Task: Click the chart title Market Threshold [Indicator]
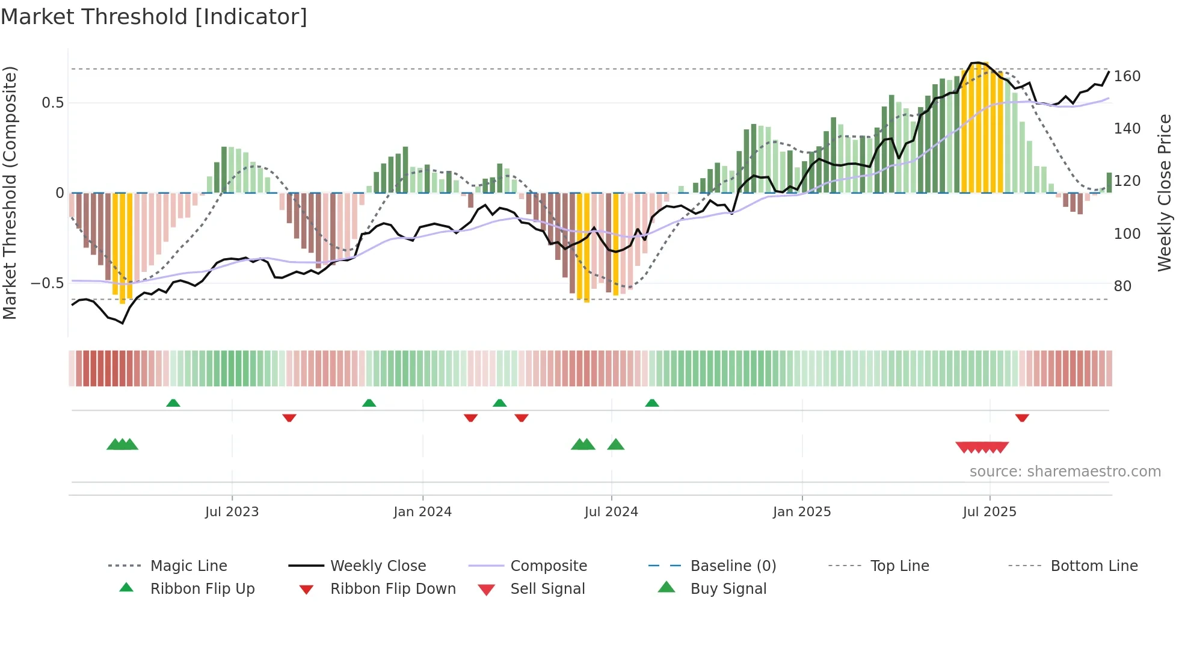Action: (x=154, y=17)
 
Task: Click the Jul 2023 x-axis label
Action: (x=232, y=512)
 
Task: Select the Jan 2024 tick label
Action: (x=422, y=512)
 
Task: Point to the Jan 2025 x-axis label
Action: (x=802, y=512)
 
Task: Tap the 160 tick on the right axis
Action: (x=1127, y=76)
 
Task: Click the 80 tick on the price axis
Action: (x=1122, y=286)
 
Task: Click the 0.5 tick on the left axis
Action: (x=52, y=103)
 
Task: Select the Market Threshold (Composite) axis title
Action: (x=10, y=193)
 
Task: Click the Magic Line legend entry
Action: (x=188, y=566)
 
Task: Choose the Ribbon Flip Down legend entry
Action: (x=392, y=589)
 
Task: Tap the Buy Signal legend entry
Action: (x=728, y=589)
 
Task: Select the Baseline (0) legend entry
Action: (x=733, y=566)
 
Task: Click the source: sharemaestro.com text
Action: (x=1065, y=472)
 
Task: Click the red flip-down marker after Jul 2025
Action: (x=1022, y=418)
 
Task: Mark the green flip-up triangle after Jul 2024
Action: (x=652, y=403)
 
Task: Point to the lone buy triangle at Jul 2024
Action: (x=616, y=445)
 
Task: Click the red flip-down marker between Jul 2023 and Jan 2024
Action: (x=289, y=418)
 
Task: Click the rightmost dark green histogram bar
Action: (x=1109, y=182)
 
